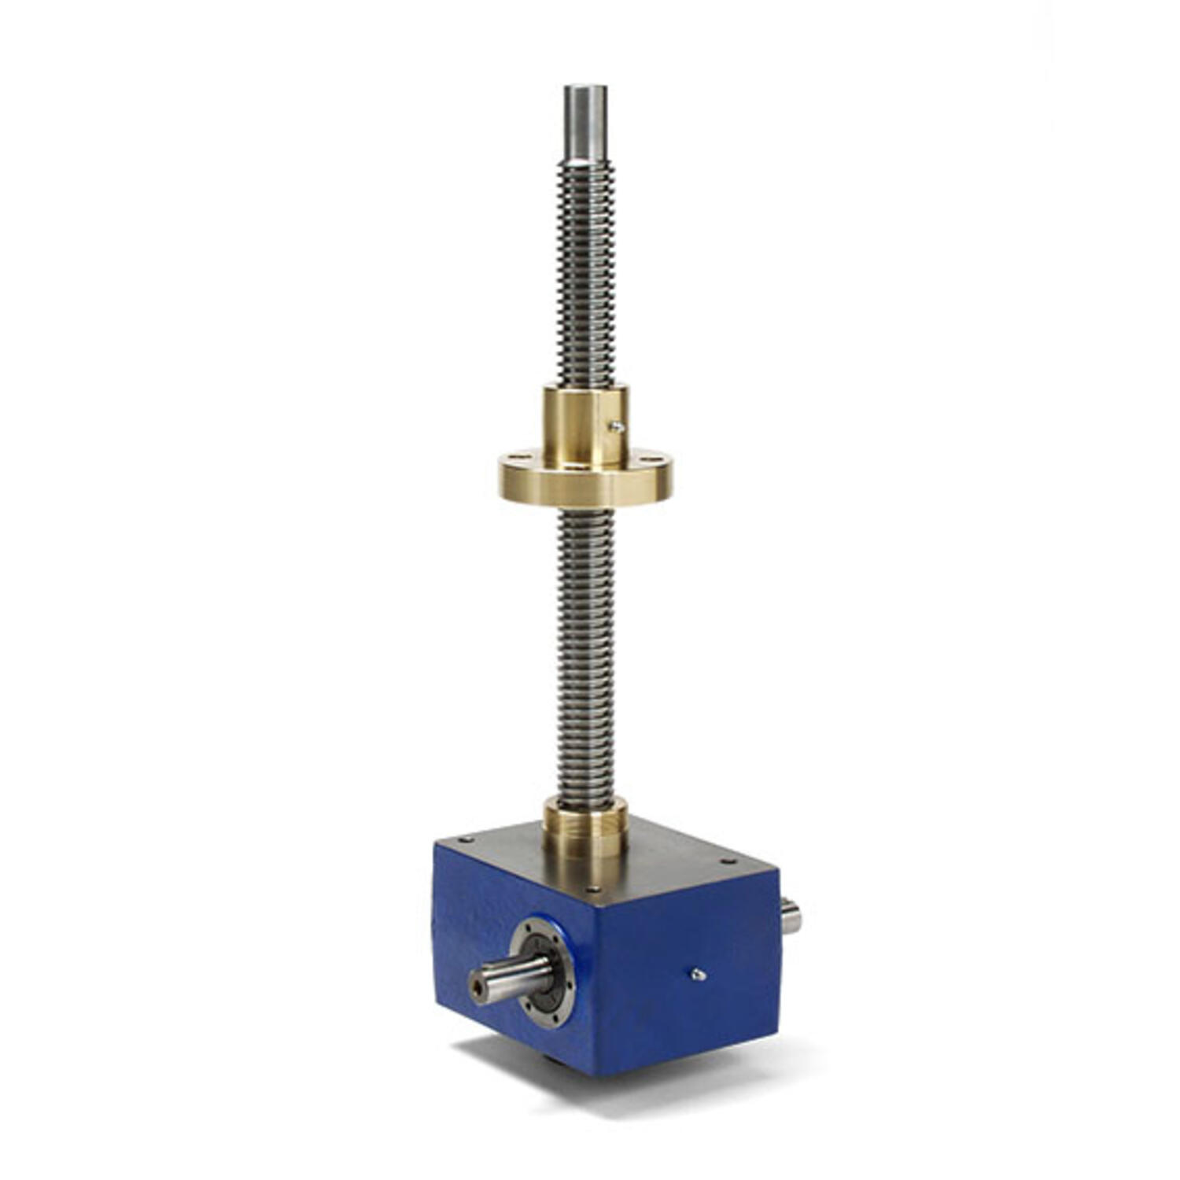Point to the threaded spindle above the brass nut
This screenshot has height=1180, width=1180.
coord(585,275)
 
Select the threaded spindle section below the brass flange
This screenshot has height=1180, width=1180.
coord(585,653)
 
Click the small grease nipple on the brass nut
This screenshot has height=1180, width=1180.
coord(618,426)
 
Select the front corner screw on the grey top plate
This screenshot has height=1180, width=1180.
coord(596,891)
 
